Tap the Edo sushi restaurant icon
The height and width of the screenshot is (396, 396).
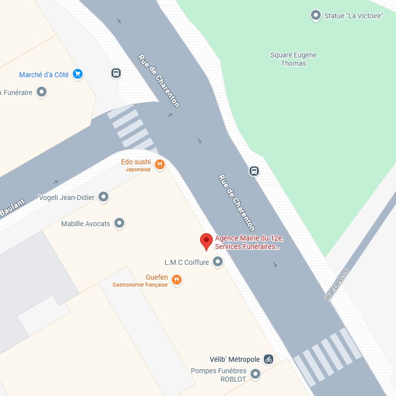tap(159, 165)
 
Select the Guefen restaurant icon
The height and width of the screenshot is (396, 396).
tap(177, 281)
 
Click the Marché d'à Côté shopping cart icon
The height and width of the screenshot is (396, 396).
tap(77, 74)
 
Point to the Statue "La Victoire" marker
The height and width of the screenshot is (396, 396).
tap(315, 16)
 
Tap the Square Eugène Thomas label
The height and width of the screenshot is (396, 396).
tap(293, 59)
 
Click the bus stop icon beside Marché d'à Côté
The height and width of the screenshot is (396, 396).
tap(116, 73)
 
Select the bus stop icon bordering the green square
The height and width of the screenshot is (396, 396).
tap(254, 171)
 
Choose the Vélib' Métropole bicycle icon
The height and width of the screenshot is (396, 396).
tap(268, 359)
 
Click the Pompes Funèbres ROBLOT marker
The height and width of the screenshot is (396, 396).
tap(255, 374)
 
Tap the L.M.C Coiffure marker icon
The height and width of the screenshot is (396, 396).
tap(217, 262)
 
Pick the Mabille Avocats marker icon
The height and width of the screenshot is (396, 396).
tap(119, 223)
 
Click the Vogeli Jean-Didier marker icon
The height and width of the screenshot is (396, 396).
tap(103, 197)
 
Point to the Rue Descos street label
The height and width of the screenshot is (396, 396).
tap(337, 285)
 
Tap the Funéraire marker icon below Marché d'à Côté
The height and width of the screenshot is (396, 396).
tap(42, 92)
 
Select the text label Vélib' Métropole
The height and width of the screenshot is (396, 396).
tap(235, 359)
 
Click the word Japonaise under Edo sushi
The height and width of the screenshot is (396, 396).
tap(138, 169)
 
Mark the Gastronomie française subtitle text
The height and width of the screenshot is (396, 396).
tap(140, 285)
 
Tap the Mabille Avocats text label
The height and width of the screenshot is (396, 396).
tap(86, 224)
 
